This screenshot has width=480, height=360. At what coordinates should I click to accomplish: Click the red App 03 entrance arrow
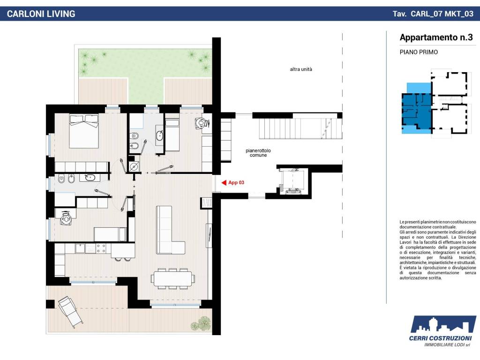[224, 183]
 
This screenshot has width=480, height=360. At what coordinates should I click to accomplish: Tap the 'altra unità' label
[301, 69]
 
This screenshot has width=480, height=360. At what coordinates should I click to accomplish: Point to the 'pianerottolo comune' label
[258, 153]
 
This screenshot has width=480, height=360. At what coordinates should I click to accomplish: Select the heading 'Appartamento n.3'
[436, 37]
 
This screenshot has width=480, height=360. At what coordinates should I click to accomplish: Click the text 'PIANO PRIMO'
[419, 52]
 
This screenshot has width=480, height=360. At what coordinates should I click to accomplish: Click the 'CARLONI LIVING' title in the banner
[41, 14]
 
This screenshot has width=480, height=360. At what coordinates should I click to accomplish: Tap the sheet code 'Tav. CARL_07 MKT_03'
[433, 14]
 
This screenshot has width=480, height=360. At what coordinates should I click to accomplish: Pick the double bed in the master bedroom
[84, 131]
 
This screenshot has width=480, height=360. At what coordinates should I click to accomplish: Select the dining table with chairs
[172, 278]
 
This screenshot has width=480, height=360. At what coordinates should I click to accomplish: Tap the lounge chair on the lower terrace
[70, 312]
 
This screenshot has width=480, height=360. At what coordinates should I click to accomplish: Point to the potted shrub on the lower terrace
[201, 324]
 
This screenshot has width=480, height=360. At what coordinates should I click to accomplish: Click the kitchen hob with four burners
[101, 248]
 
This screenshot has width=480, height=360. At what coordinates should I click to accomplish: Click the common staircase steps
[300, 129]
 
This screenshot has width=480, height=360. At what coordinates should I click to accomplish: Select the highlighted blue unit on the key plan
[417, 109]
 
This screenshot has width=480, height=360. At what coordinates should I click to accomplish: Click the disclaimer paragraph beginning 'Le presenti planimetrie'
[438, 250]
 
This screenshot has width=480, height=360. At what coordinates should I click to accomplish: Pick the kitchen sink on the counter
[80, 248]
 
